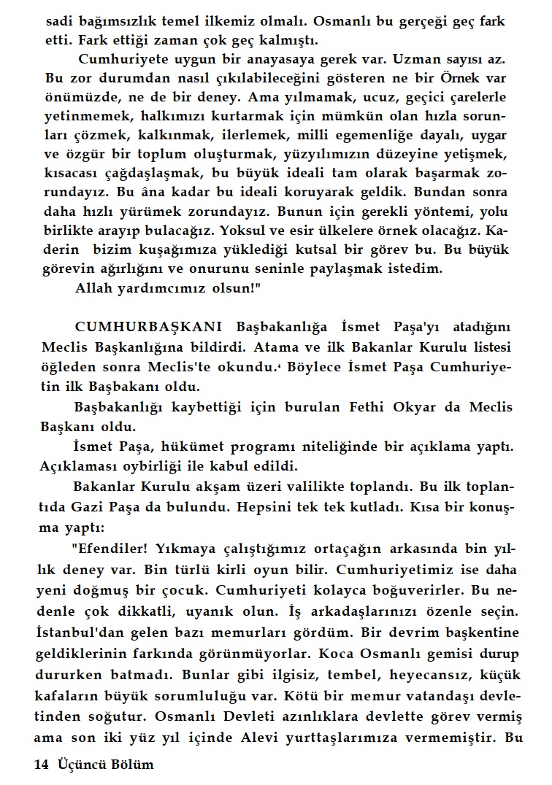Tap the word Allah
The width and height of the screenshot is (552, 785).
click(94, 287)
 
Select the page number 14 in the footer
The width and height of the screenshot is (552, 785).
click(41, 765)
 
